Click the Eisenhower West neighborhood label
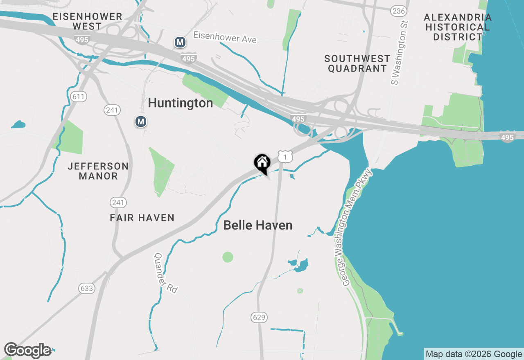(88, 21)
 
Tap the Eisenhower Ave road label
(225, 37)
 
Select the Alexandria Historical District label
(458, 27)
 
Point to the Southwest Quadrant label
(357, 63)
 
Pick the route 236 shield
(398, 11)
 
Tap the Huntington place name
(180, 103)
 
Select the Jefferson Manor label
(98, 171)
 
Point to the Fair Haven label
(142, 218)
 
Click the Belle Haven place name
(257, 225)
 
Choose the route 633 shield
(87, 288)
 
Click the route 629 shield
(259, 317)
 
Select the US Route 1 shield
(285, 156)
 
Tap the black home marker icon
(262, 163)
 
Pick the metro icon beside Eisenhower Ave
(179, 42)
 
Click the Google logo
(28, 351)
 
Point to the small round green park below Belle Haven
(228, 257)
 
